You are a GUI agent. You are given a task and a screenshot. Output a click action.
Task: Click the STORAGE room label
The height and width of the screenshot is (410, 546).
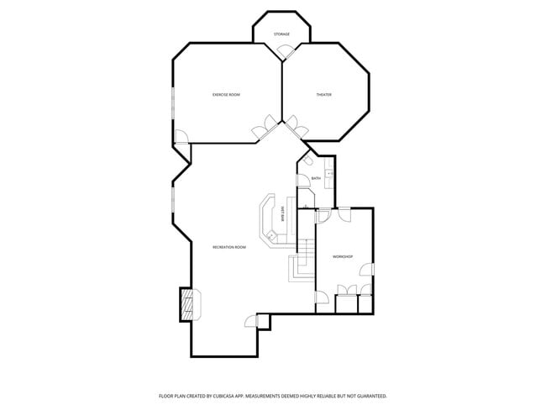point(281,34)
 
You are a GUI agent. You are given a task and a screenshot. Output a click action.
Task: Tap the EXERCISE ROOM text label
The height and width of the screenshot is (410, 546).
point(226,95)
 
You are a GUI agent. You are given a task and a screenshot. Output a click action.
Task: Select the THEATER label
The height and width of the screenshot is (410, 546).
point(323,95)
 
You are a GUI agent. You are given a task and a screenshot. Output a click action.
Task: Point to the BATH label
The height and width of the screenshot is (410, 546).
point(316,178)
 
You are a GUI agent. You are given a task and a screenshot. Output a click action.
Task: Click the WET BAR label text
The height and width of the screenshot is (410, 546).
point(284,213)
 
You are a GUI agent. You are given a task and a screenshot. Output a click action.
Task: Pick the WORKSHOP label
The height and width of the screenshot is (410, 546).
point(342,256)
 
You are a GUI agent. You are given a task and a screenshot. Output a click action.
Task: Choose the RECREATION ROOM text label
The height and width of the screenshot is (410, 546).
point(228,247)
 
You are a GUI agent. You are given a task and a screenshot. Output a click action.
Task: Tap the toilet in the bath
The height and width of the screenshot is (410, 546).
point(308,160)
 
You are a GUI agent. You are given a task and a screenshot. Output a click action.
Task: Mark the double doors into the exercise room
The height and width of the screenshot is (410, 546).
point(267,127)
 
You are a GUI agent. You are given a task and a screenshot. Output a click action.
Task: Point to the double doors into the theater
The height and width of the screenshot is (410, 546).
point(296,127)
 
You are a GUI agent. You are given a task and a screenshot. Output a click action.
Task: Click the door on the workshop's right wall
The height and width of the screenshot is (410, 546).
point(367,270)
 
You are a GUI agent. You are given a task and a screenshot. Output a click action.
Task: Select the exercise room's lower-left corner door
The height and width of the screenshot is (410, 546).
point(181,137)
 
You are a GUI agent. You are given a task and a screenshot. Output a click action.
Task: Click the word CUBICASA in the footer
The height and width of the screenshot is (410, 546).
point(251,395)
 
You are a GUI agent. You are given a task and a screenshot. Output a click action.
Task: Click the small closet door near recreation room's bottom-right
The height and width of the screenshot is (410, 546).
point(250,321)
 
